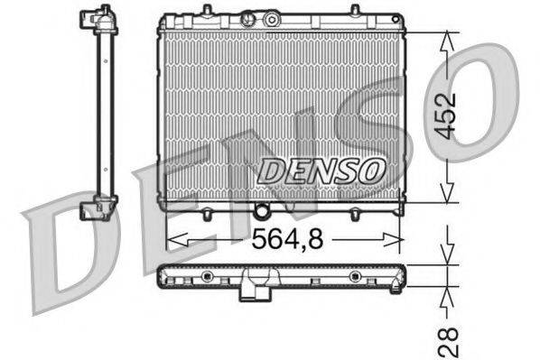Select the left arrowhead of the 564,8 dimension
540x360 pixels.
[x=172, y=239]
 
